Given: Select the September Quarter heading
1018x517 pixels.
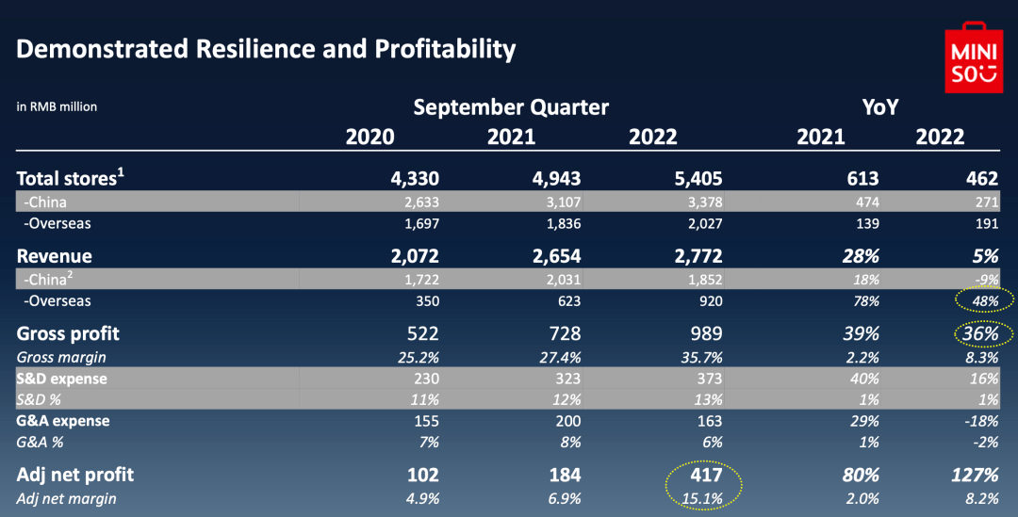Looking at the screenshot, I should (x=511, y=106).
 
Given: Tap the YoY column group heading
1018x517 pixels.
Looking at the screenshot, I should (x=882, y=106).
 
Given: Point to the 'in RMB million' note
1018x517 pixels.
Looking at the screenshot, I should (x=57, y=106).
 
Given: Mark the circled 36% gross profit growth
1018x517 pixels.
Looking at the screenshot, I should (x=979, y=334).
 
